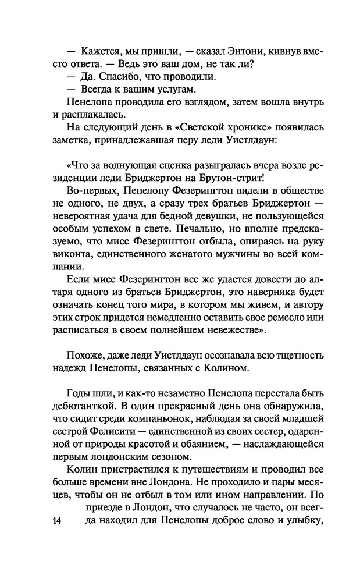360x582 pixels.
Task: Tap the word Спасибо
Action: click(109, 76)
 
